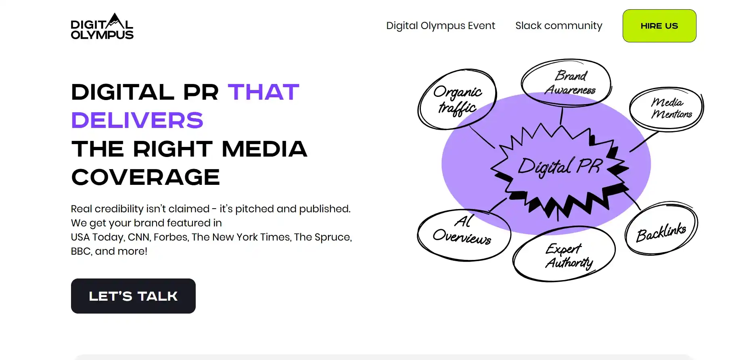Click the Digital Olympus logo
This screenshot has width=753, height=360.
102,26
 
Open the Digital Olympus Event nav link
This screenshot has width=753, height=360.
441,26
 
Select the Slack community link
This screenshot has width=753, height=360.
559,26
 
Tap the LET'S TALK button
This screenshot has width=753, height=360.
133,296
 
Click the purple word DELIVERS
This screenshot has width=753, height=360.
137,120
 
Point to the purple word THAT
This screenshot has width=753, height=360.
264,92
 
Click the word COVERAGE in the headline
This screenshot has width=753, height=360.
146,177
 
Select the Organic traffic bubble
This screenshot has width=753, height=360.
457,99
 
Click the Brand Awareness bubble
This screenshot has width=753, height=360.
566,83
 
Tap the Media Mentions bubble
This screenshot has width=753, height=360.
667,109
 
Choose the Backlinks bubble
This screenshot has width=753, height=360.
661,229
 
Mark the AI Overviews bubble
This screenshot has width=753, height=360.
464,235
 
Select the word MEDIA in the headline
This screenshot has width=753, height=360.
264,149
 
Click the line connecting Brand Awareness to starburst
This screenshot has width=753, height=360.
561,116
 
